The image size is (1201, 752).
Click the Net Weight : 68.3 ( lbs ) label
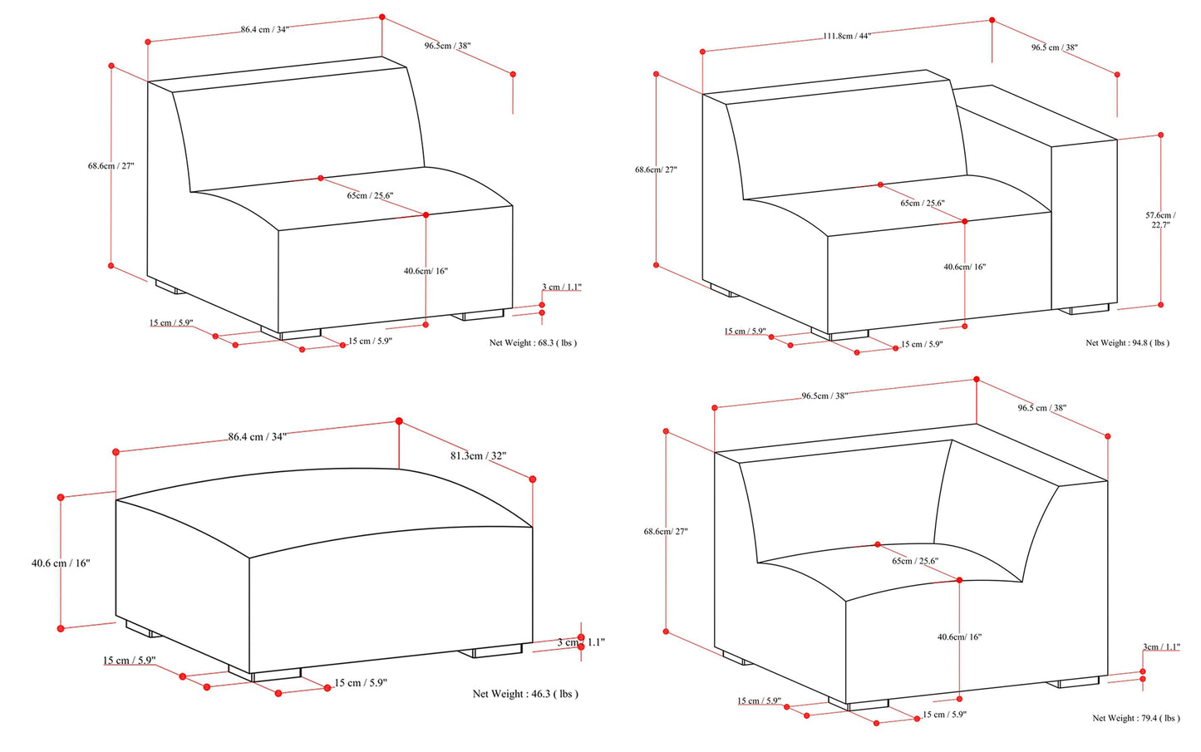point(532,342)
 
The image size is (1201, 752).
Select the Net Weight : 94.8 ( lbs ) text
point(1127,342)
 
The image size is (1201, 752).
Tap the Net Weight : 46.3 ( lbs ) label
point(525,694)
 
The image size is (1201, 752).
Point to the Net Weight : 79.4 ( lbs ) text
point(1135,718)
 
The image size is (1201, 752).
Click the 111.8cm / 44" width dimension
point(846,36)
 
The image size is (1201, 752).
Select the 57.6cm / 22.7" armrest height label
point(1160,219)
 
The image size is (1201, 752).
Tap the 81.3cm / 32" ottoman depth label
point(478,455)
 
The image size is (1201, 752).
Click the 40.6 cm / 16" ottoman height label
point(61,563)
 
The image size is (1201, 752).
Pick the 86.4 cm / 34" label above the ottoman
point(258,436)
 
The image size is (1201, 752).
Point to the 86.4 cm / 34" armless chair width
point(264,29)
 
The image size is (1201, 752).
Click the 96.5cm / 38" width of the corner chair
point(824,396)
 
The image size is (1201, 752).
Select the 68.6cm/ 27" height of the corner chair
point(666,531)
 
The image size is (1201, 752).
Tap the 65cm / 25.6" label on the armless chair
point(370,196)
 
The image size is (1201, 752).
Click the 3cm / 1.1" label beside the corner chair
point(1161,646)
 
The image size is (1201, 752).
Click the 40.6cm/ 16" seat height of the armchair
point(964,267)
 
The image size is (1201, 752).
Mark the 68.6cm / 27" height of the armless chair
point(111,165)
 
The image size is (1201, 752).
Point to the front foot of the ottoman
point(275,674)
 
